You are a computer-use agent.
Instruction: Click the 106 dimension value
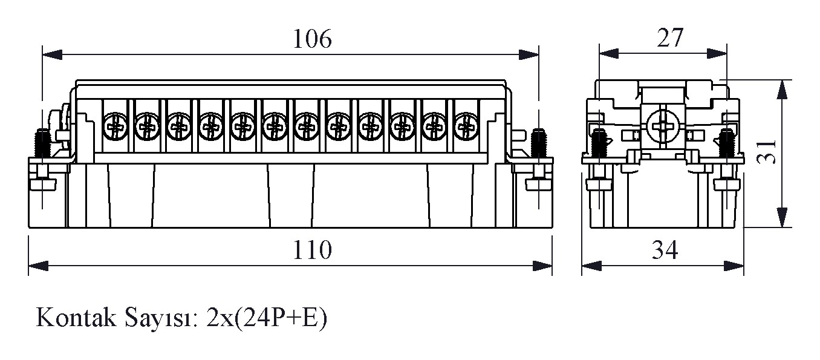(x=313, y=39)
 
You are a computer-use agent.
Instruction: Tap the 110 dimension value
(x=313, y=249)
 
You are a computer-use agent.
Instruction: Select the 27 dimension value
(x=669, y=38)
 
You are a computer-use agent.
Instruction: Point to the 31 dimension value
(x=766, y=153)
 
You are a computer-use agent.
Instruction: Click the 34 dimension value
(x=665, y=249)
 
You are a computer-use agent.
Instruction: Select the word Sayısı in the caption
(x=162, y=318)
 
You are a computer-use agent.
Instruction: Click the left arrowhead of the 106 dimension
(x=51, y=54)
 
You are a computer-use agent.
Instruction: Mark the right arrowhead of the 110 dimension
(x=543, y=266)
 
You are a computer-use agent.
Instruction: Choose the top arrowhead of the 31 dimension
(x=783, y=90)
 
